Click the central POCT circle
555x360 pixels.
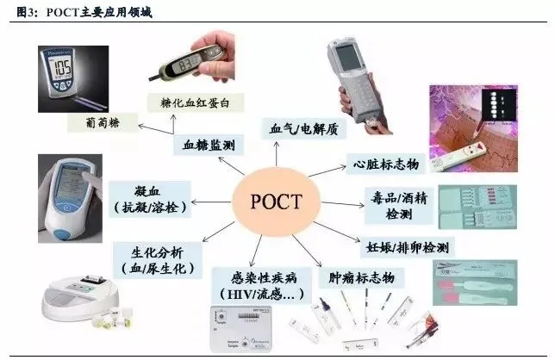(277, 204)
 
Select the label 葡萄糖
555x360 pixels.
(95, 122)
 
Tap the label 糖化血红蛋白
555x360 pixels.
(196, 102)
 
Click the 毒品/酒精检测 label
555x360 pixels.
(401, 204)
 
